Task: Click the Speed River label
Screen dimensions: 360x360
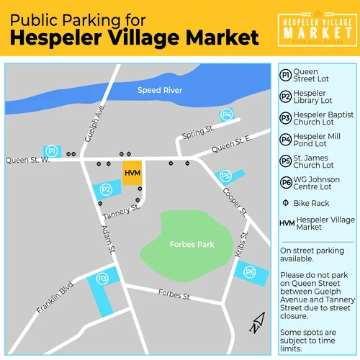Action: tap(161, 91)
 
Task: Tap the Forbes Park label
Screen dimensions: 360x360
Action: tap(192, 244)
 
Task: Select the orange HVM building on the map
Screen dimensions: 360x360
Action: tap(132, 174)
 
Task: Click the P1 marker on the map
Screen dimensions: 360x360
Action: tap(51, 151)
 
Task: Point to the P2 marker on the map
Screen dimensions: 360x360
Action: tap(106, 189)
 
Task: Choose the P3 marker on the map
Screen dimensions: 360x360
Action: tap(102, 278)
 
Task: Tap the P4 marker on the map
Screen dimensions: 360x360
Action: tap(226, 114)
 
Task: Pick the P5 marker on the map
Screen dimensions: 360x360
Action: tap(225, 176)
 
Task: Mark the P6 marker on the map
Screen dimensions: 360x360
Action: tap(250, 271)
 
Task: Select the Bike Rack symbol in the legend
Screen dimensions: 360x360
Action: tap(286, 204)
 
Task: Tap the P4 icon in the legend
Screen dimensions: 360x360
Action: tap(286, 138)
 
